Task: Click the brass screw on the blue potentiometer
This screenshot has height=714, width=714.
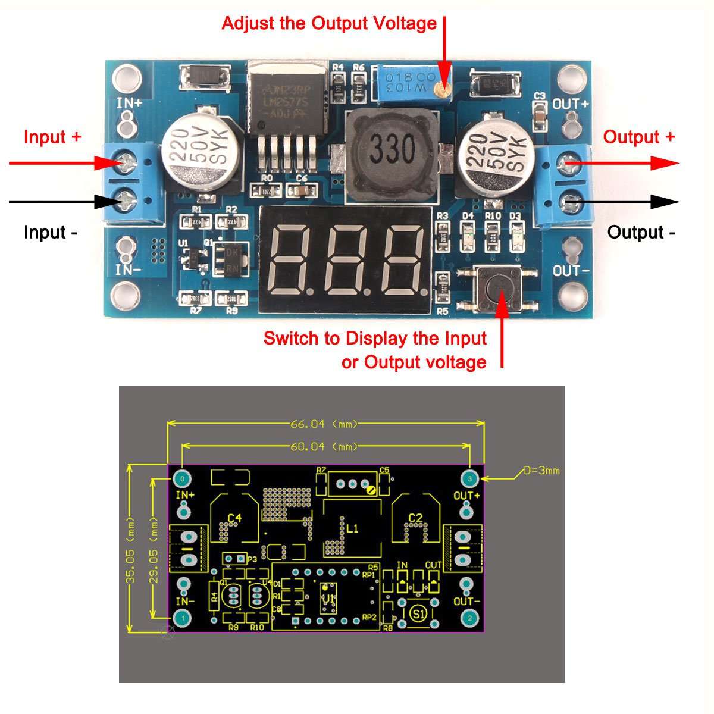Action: coord(441,90)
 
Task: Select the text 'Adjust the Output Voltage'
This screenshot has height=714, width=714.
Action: coord(329,24)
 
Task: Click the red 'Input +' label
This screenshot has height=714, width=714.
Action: coord(52,137)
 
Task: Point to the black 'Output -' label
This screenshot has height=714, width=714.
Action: coord(641,232)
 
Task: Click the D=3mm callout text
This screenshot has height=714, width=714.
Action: coord(541,471)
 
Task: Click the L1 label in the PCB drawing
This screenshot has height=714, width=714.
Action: coord(353,528)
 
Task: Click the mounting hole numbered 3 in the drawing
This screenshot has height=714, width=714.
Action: coord(470,478)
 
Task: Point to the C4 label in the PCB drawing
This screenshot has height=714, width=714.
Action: coord(235,518)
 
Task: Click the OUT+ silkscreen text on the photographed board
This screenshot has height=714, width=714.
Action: coord(571,104)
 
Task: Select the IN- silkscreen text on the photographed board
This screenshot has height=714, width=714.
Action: coord(128,270)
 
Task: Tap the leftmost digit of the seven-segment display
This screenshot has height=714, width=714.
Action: coord(290,261)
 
